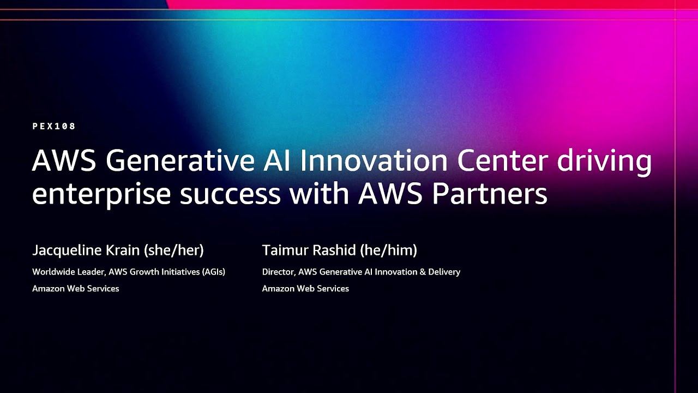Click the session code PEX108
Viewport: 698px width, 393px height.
[54, 126]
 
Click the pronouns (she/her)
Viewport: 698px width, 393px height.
[174, 251]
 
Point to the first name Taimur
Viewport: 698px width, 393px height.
[286, 251]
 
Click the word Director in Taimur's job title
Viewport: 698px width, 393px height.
[278, 272]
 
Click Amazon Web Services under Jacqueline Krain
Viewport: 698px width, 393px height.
[76, 289]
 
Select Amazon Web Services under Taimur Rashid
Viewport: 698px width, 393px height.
[305, 289]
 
